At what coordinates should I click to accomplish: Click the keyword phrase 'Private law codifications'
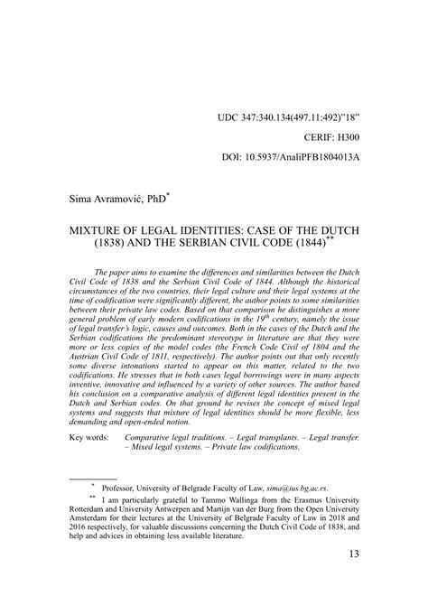tap(270, 473)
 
